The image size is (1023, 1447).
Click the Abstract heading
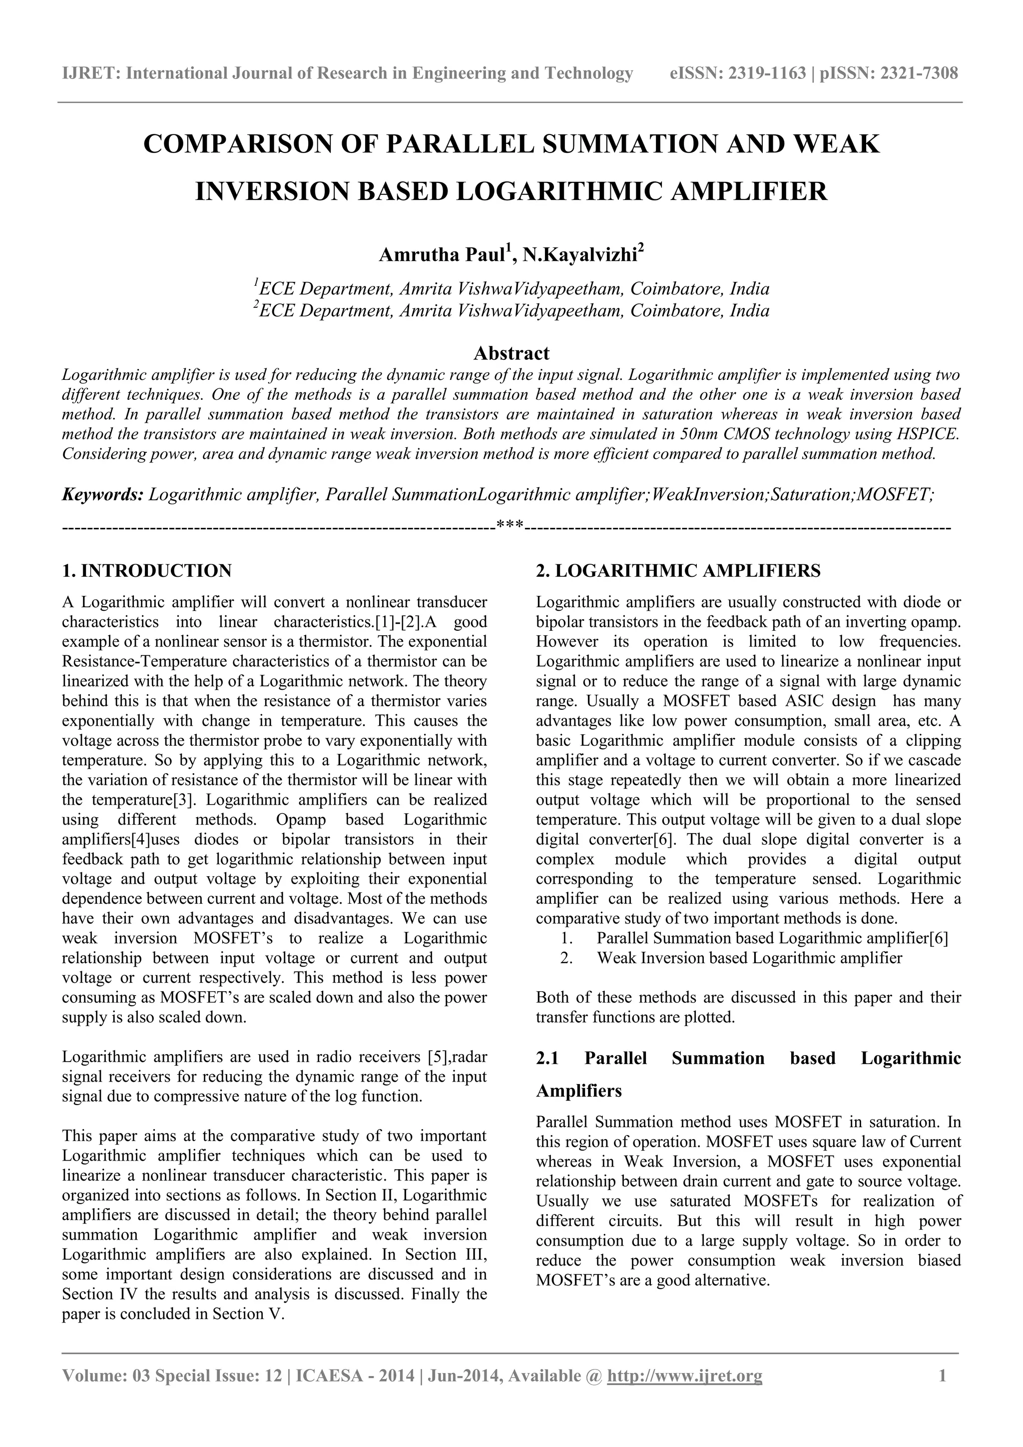tap(511, 353)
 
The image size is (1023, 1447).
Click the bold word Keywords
tap(103, 494)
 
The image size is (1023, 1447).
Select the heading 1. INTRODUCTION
tap(147, 571)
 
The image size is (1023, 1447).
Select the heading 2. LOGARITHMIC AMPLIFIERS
tap(678, 571)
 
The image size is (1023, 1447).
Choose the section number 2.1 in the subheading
tap(547, 1058)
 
